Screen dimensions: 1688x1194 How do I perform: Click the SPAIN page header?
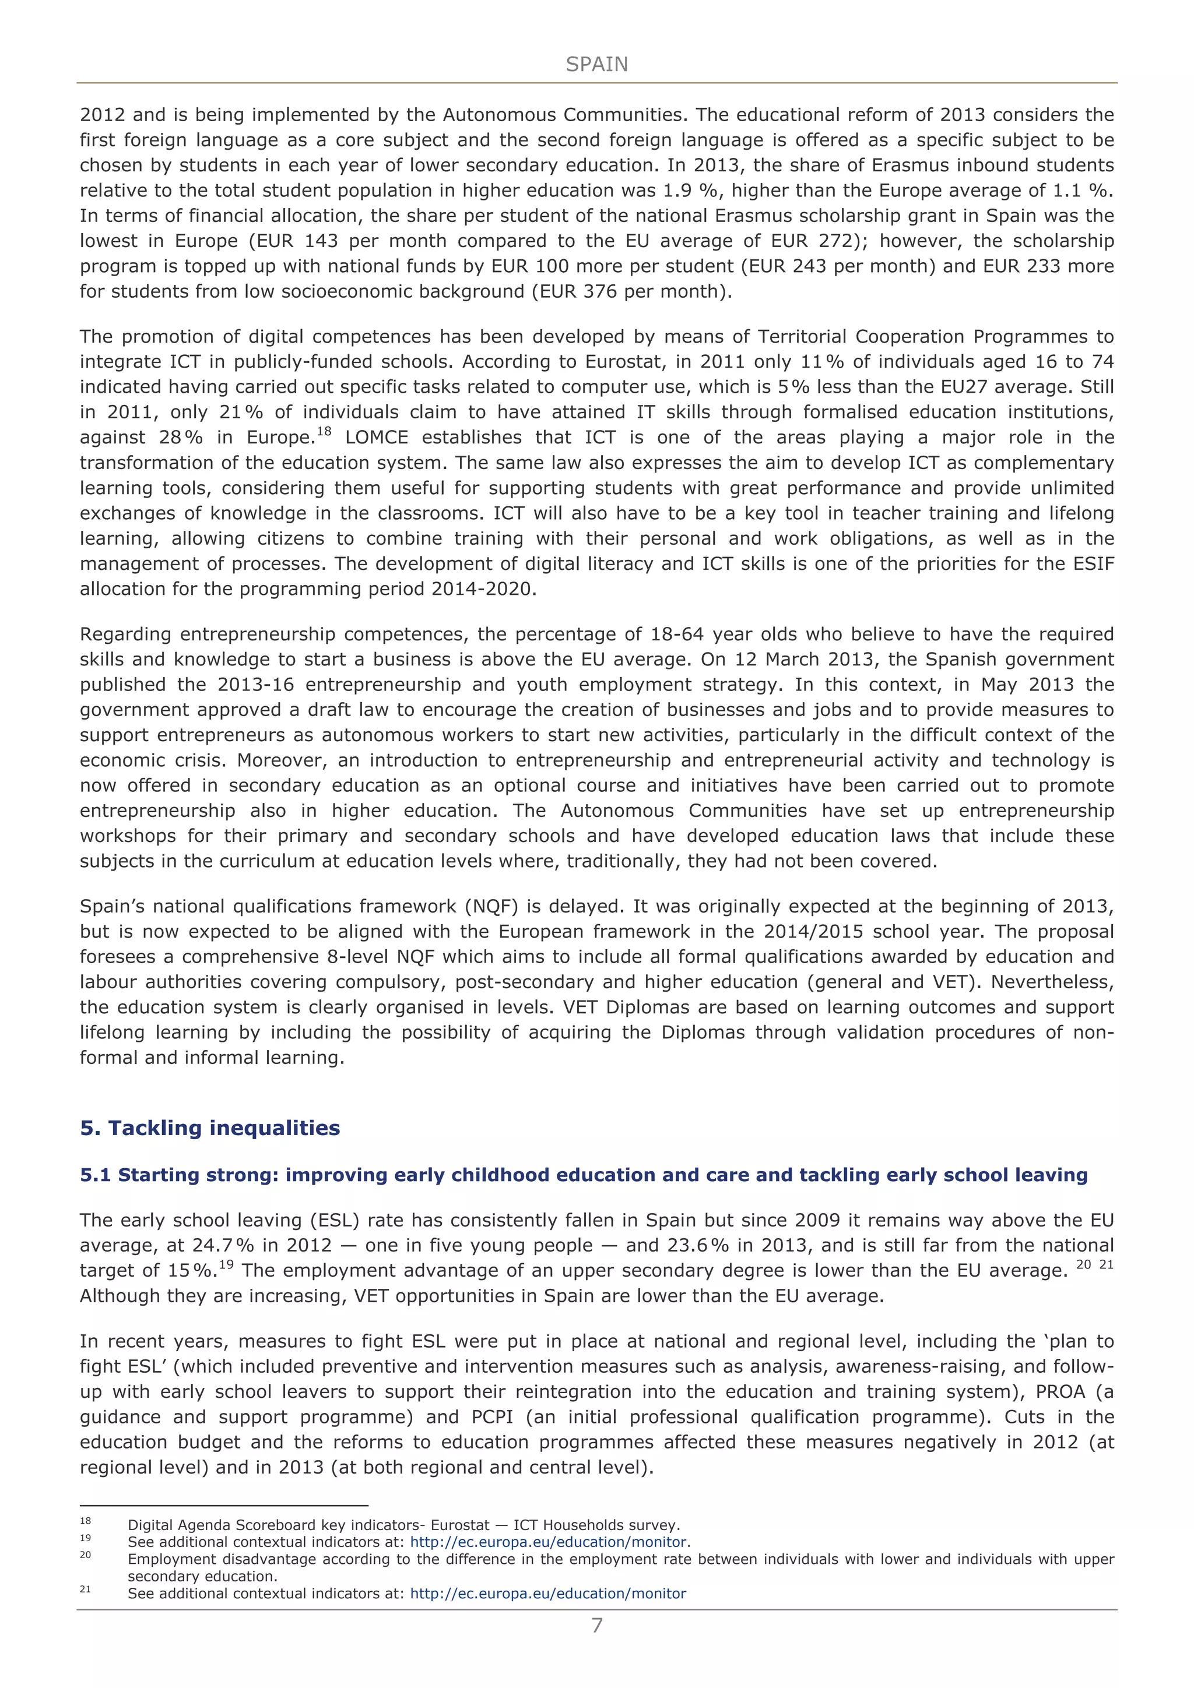point(596,65)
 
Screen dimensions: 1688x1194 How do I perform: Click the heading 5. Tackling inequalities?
point(210,1128)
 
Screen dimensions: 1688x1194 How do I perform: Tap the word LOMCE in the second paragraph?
point(377,438)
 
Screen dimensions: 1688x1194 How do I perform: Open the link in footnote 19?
point(548,1542)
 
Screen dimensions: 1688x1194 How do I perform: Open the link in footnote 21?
point(548,1594)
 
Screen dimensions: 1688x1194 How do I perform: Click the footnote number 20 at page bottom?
point(85,1555)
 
